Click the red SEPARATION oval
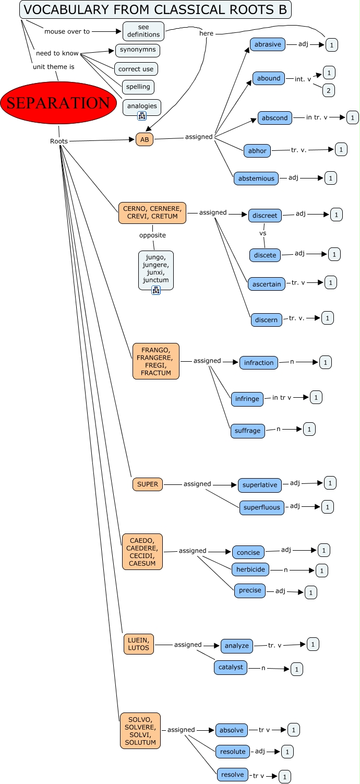tap(58, 103)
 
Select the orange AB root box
tap(145, 139)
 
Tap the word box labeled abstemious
tap(256, 179)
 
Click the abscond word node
tap(275, 118)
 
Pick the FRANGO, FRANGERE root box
tap(156, 361)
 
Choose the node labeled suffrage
tap(248, 431)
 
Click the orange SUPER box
tap(148, 484)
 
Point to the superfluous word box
tap(262, 507)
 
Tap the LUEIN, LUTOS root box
tap(138, 644)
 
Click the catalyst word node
tap(231, 668)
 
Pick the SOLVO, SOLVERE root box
tap(140, 731)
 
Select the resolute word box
tap(233, 752)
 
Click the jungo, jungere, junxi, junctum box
tap(155, 268)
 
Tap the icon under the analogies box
tap(141, 116)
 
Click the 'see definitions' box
tap(143, 31)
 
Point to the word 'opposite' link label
tap(152, 235)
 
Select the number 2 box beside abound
tap(329, 90)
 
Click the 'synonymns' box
tap(137, 50)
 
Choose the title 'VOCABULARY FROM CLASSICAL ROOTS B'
tap(155, 9)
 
